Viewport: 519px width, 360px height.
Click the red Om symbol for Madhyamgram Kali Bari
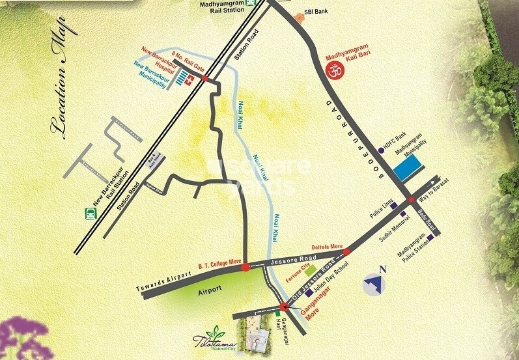(333, 74)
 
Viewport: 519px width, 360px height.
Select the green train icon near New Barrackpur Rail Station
(87, 212)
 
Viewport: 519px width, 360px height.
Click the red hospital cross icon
(190, 83)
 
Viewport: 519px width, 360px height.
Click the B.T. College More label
(219, 264)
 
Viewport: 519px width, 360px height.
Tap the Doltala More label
(328, 247)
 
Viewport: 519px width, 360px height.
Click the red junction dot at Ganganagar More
(283, 307)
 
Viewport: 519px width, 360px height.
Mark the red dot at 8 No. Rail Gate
(205, 78)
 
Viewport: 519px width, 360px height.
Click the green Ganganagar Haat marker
(276, 314)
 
